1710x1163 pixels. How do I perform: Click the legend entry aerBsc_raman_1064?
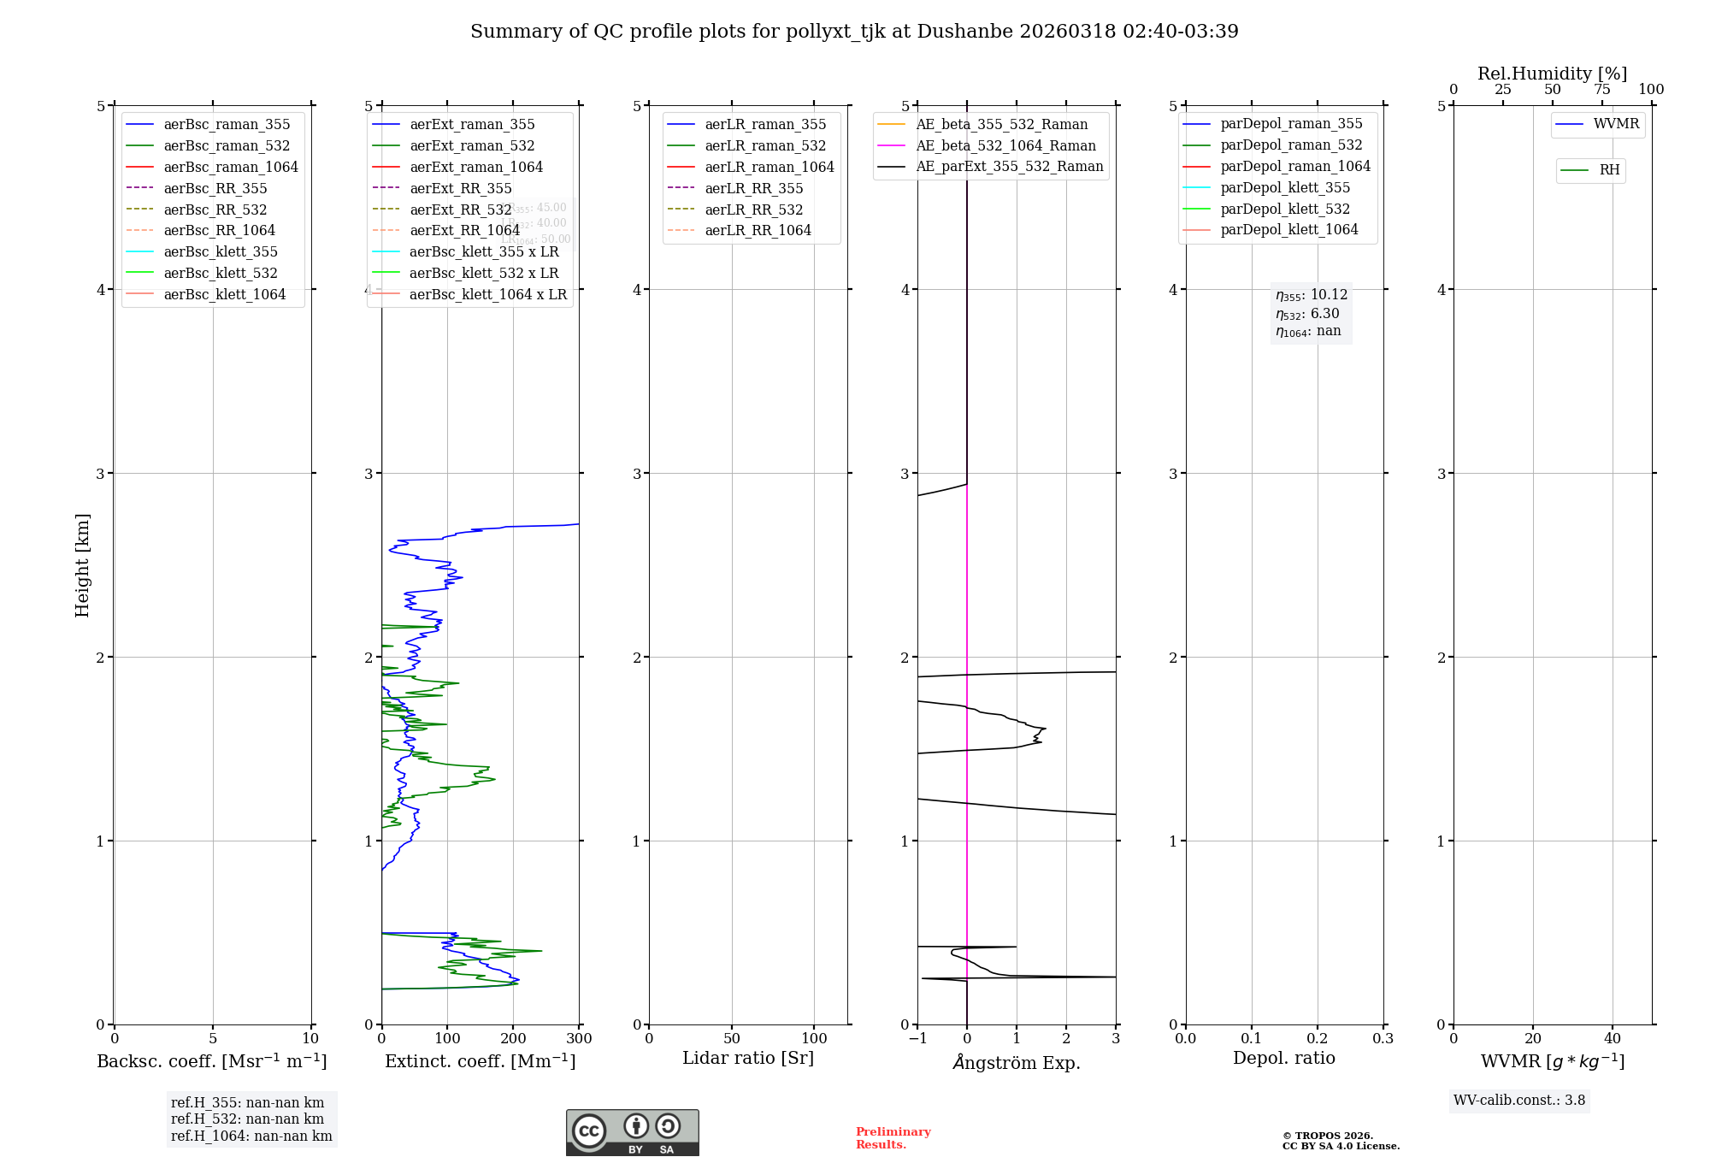pyautogui.click(x=231, y=168)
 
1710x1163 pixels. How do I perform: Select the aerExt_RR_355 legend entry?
pyautogui.click(x=460, y=189)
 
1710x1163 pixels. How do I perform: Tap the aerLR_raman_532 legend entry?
pyautogui.click(x=765, y=146)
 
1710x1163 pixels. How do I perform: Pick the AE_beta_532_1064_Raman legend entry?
pyautogui.click(x=1005, y=146)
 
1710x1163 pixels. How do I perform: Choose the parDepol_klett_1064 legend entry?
pyautogui.click(x=1288, y=230)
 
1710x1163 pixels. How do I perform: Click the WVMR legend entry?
pyautogui.click(x=1615, y=125)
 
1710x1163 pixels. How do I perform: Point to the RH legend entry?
pyautogui.click(x=1609, y=170)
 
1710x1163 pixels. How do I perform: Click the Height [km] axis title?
pyautogui.click(x=82, y=565)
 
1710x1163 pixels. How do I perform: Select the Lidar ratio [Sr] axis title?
pyautogui.click(x=748, y=1059)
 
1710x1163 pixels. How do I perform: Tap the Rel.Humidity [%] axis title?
pyautogui.click(x=1552, y=74)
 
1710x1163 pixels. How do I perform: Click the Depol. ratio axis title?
pyautogui.click(x=1283, y=1059)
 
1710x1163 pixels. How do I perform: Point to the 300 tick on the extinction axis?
pyautogui.click(x=579, y=1039)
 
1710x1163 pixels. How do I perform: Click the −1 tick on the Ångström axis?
pyautogui.click(x=917, y=1039)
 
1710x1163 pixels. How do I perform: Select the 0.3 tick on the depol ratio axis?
pyautogui.click(x=1383, y=1039)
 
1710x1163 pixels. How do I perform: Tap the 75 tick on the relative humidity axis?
pyautogui.click(x=1601, y=90)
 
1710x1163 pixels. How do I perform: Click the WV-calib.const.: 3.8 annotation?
pyautogui.click(x=1518, y=1101)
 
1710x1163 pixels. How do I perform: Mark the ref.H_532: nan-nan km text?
pyautogui.click(x=247, y=1119)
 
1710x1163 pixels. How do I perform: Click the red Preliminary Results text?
pyautogui.click(x=893, y=1138)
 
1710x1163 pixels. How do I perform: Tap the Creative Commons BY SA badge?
pyautogui.click(x=632, y=1133)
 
